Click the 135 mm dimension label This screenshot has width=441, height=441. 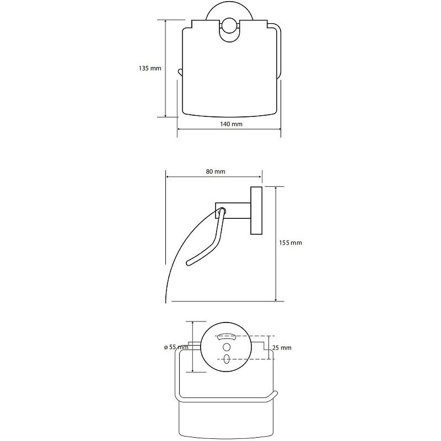point(150,68)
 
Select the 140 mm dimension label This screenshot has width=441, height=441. point(231,124)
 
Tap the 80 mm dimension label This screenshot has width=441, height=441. point(216,171)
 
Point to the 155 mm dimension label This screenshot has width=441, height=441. point(291,243)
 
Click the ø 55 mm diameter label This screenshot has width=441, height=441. point(176,347)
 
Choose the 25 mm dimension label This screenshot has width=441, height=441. point(282,348)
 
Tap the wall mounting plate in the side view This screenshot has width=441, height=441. point(256,211)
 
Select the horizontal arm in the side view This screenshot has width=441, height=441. point(233,211)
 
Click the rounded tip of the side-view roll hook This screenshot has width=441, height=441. point(189,263)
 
